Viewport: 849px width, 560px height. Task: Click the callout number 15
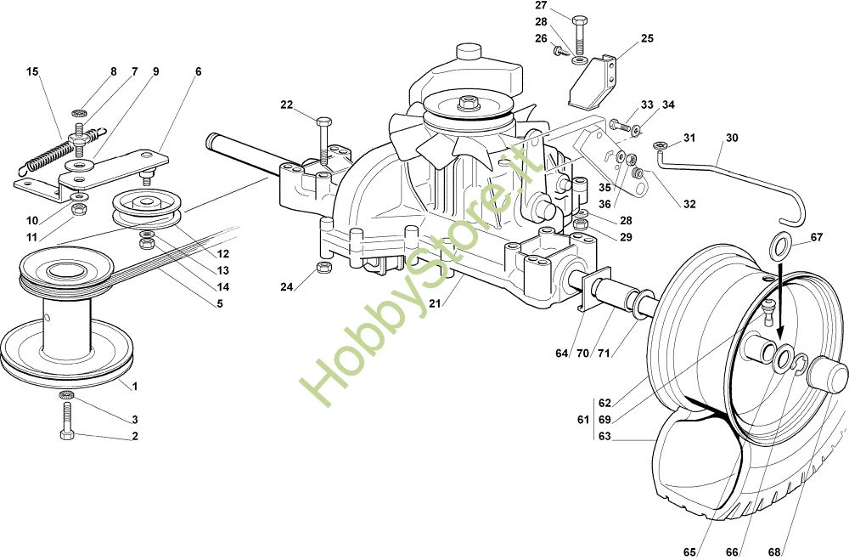[x=32, y=72]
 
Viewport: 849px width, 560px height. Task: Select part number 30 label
[x=732, y=138]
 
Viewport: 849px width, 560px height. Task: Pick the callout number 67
[x=817, y=237]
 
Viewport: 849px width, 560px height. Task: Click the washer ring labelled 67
[x=779, y=248]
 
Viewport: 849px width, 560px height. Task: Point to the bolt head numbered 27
[x=580, y=19]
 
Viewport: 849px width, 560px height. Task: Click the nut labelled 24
[x=323, y=269]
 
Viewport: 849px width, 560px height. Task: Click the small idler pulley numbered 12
[x=143, y=206]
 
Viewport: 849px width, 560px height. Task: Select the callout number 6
[x=198, y=72]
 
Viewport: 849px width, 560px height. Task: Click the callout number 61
[x=582, y=419]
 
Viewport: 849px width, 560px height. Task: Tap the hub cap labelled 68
[x=828, y=373]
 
